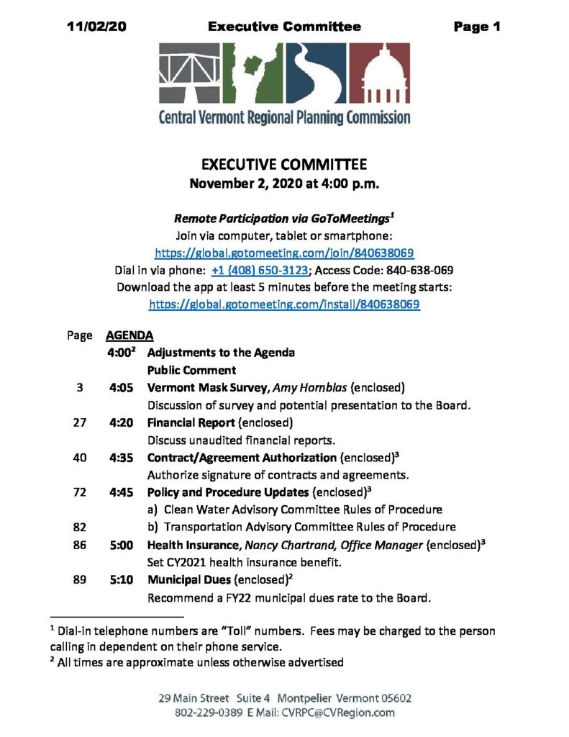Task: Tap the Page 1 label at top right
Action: (x=477, y=27)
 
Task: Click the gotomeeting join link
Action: (x=285, y=253)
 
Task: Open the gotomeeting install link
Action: (x=284, y=304)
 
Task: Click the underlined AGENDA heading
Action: (x=129, y=335)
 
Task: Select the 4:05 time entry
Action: (x=122, y=386)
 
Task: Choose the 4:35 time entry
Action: (x=122, y=457)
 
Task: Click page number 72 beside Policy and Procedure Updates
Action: (x=80, y=492)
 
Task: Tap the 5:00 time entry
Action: (x=122, y=545)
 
